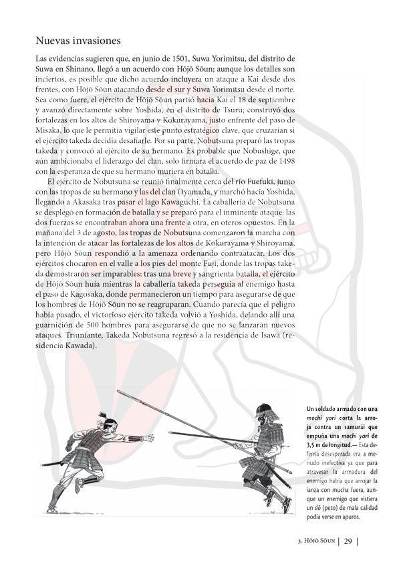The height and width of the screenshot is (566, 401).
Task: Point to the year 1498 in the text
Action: pos(283,162)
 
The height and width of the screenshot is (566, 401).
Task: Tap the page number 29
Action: pos(348,541)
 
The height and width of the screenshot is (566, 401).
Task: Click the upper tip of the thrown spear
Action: pos(119,392)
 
